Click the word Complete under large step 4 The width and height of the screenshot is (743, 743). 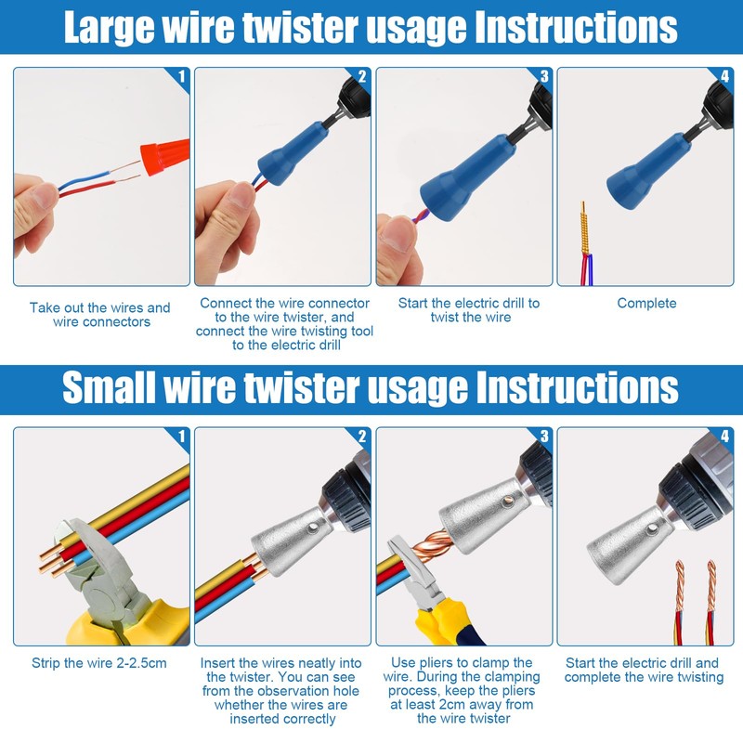(646, 304)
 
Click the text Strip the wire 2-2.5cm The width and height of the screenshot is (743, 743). (99, 663)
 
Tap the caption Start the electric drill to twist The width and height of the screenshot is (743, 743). (468, 310)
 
